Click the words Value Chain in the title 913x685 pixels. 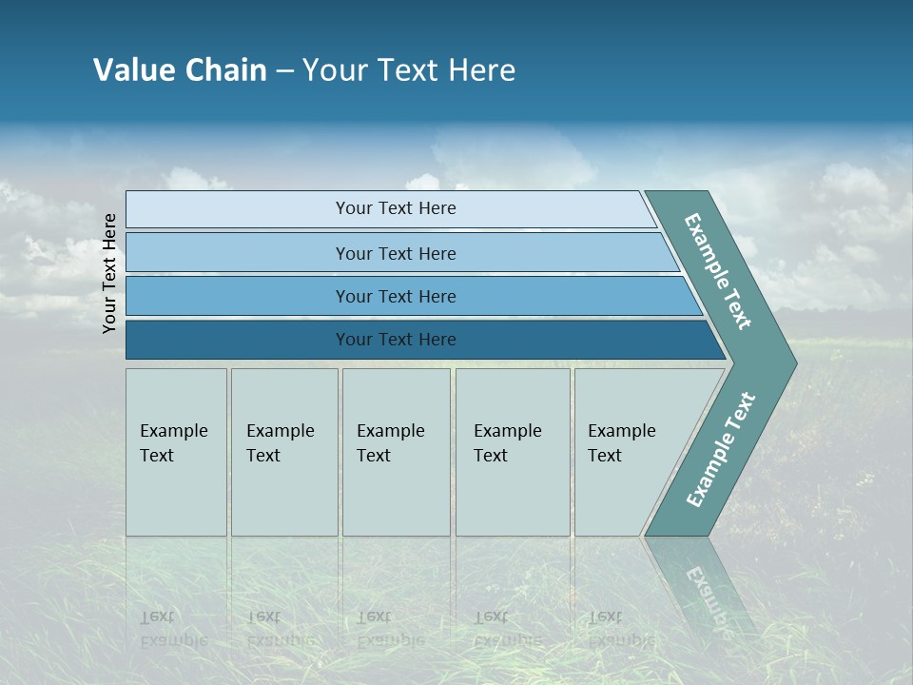(x=180, y=69)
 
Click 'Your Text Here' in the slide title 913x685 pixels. (x=409, y=69)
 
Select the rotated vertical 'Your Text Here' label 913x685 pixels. (x=109, y=273)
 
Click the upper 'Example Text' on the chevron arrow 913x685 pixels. (x=718, y=271)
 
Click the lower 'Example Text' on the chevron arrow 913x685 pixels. (x=720, y=450)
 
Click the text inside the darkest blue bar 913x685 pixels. (x=396, y=340)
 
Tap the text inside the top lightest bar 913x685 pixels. (x=396, y=208)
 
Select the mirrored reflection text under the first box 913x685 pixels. (x=173, y=629)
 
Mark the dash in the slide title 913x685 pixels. (x=284, y=70)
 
